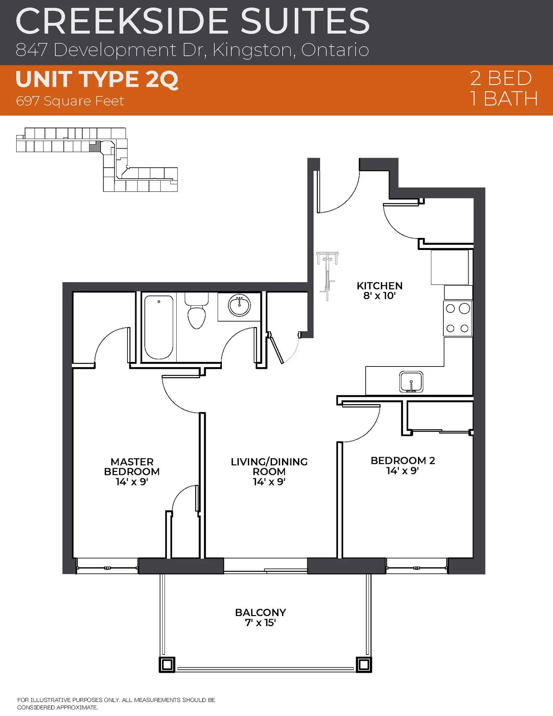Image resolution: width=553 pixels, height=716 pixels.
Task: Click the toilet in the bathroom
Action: click(x=196, y=310)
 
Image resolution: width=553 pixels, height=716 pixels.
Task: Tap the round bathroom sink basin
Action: click(x=239, y=305)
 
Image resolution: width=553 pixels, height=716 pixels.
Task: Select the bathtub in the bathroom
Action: click(x=159, y=327)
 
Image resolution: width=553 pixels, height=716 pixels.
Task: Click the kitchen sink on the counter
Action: click(x=411, y=382)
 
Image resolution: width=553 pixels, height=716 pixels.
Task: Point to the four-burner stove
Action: click(x=458, y=318)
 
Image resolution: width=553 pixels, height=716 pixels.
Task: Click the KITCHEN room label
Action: click(x=379, y=286)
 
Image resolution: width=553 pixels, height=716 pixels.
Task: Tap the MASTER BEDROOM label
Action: click(x=132, y=467)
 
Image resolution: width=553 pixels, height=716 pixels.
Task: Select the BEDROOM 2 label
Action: click(x=403, y=461)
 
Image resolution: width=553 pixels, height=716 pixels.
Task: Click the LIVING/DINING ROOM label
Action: click(x=269, y=467)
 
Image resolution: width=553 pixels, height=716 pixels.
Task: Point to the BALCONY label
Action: click(x=261, y=613)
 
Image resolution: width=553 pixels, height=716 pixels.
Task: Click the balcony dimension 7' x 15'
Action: click(x=260, y=623)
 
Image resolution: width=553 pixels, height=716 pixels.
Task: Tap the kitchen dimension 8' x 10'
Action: click(x=379, y=296)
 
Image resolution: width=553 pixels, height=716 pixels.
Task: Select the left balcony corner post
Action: click(x=167, y=664)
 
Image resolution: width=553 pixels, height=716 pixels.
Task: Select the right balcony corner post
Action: click(x=364, y=664)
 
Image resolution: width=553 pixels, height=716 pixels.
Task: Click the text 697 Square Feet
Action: click(x=70, y=101)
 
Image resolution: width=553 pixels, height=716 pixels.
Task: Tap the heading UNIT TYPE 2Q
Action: click(x=97, y=80)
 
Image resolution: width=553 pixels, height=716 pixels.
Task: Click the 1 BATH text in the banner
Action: click(x=504, y=99)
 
